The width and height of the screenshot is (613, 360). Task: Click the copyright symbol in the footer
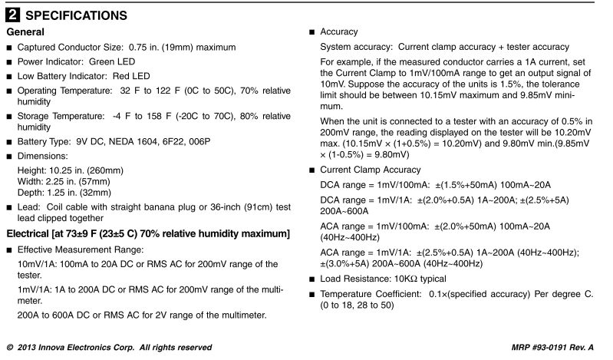click(8, 348)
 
